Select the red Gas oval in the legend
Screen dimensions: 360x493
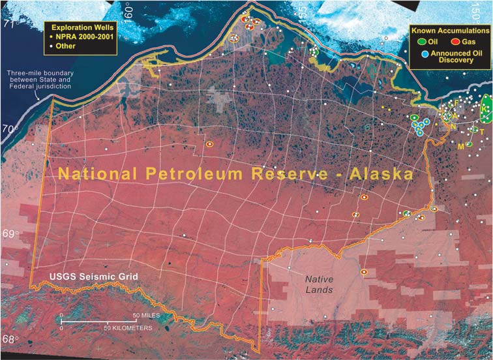coord(451,40)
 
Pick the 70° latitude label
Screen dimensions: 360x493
coord(9,128)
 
